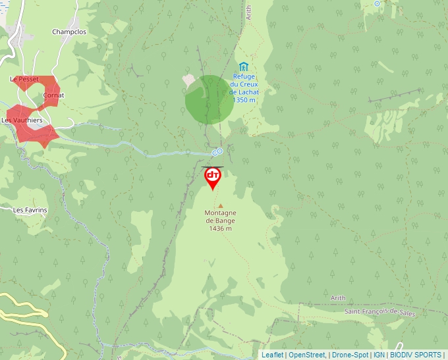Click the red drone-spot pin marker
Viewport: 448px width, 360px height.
click(x=213, y=176)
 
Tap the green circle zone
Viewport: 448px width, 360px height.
click(x=209, y=99)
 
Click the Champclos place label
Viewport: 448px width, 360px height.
click(x=69, y=32)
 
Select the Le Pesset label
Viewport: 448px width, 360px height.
click(x=24, y=79)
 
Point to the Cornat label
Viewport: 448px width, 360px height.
click(x=53, y=95)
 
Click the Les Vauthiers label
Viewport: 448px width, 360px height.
click(x=22, y=120)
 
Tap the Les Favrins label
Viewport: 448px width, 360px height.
click(x=30, y=210)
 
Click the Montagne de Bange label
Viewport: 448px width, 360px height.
click(x=220, y=220)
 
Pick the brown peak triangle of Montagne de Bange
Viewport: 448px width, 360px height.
click(x=221, y=206)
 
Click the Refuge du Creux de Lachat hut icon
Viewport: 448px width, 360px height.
click(x=244, y=66)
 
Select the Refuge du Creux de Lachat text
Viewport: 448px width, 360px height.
click(x=244, y=88)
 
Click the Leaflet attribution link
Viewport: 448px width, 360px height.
click(x=272, y=355)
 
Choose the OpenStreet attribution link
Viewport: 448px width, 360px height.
click(x=306, y=355)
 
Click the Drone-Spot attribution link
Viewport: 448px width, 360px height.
click(x=350, y=355)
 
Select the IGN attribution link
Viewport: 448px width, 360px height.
click(x=379, y=355)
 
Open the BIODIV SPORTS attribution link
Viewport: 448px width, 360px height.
click(x=415, y=355)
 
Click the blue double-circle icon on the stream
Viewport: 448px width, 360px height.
click(x=216, y=152)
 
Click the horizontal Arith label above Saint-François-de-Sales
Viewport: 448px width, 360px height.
click(x=338, y=298)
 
